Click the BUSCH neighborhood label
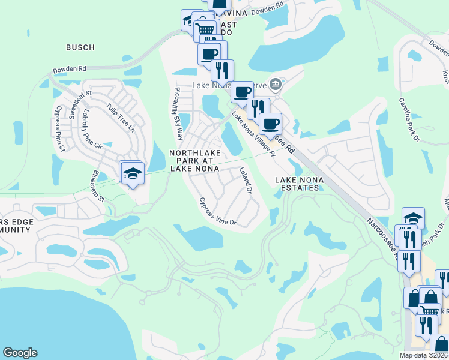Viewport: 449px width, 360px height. (80, 47)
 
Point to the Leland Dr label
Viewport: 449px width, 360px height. (245, 180)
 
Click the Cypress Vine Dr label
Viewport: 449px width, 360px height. (218, 212)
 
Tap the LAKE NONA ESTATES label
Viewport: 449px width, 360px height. (297, 184)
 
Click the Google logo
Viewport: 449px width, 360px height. (20, 353)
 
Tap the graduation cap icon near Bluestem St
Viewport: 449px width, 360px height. (133, 174)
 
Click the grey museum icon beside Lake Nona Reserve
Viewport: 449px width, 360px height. (276, 83)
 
